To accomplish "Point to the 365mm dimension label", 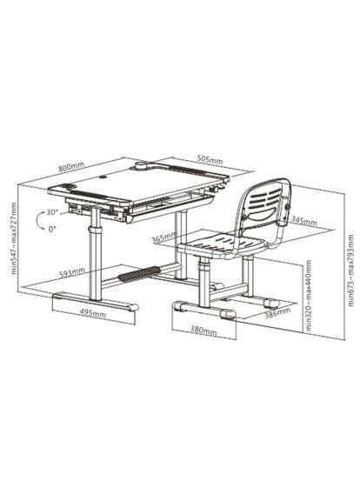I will [162, 237].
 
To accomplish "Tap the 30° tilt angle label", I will [51, 212].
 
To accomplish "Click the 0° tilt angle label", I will [53, 229].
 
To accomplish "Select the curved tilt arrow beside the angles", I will [35, 220].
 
